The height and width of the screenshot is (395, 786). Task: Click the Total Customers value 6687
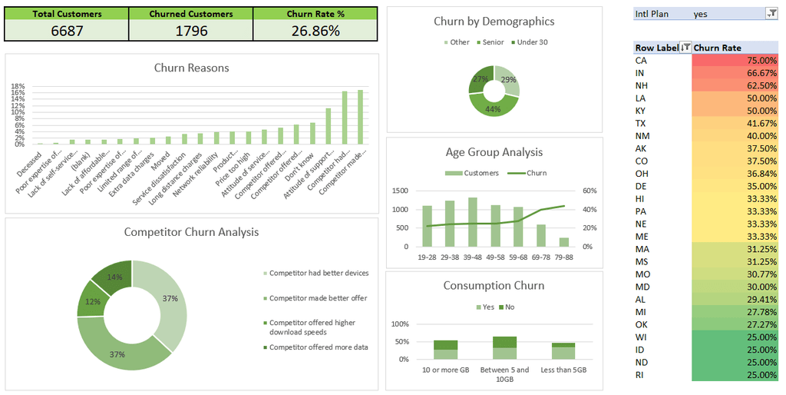pos(66,31)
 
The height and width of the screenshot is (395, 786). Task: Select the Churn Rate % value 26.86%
pos(315,31)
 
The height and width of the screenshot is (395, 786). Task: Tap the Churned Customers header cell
pos(191,14)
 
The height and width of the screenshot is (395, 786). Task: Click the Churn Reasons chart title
pos(191,68)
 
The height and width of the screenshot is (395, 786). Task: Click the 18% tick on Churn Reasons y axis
pos(18,87)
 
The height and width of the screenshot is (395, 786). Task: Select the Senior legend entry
pos(492,42)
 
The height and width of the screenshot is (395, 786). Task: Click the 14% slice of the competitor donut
pos(114,277)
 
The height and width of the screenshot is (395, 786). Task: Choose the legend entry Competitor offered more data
pos(318,347)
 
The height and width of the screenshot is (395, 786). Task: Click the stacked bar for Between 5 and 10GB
pos(505,348)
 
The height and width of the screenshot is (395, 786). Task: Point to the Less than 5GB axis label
pos(563,370)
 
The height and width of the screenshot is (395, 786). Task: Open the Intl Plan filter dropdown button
pos(771,14)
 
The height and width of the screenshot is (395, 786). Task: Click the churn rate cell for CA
pos(735,61)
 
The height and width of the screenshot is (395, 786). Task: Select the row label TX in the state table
pos(641,124)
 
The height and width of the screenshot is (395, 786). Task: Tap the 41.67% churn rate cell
pos(735,124)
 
